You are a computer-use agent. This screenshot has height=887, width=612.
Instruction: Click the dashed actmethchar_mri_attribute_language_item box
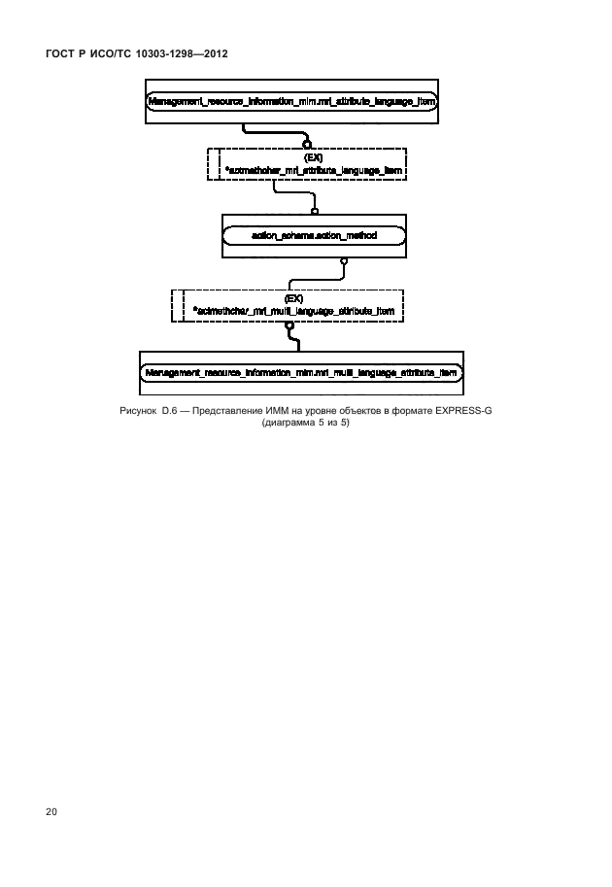(x=307, y=163)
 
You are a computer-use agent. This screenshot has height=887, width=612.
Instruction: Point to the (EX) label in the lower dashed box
(x=294, y=298)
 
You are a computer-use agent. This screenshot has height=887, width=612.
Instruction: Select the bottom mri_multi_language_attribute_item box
(x=302, y=371)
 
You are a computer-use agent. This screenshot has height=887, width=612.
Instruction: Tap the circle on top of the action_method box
(x=315, y=210)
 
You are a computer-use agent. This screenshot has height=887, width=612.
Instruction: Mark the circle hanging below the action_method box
(x=343, y=261)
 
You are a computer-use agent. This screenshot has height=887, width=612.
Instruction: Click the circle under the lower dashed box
(x=289, y=325)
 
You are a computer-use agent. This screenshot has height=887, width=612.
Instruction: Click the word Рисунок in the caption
(x=139, y=412)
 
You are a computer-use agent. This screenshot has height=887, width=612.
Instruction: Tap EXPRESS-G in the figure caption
(x=462, y=412)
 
